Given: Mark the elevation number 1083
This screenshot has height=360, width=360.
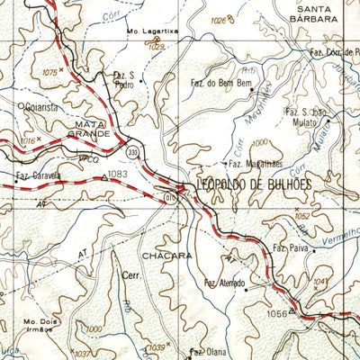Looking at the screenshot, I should click(x=118, y=174).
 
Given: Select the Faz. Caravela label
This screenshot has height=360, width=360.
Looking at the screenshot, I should click(x=39, y=175).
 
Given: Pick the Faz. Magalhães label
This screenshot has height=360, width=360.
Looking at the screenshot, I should click(x=256, y=164).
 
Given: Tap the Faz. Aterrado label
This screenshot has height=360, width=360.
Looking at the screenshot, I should click(x=225, y=283).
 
